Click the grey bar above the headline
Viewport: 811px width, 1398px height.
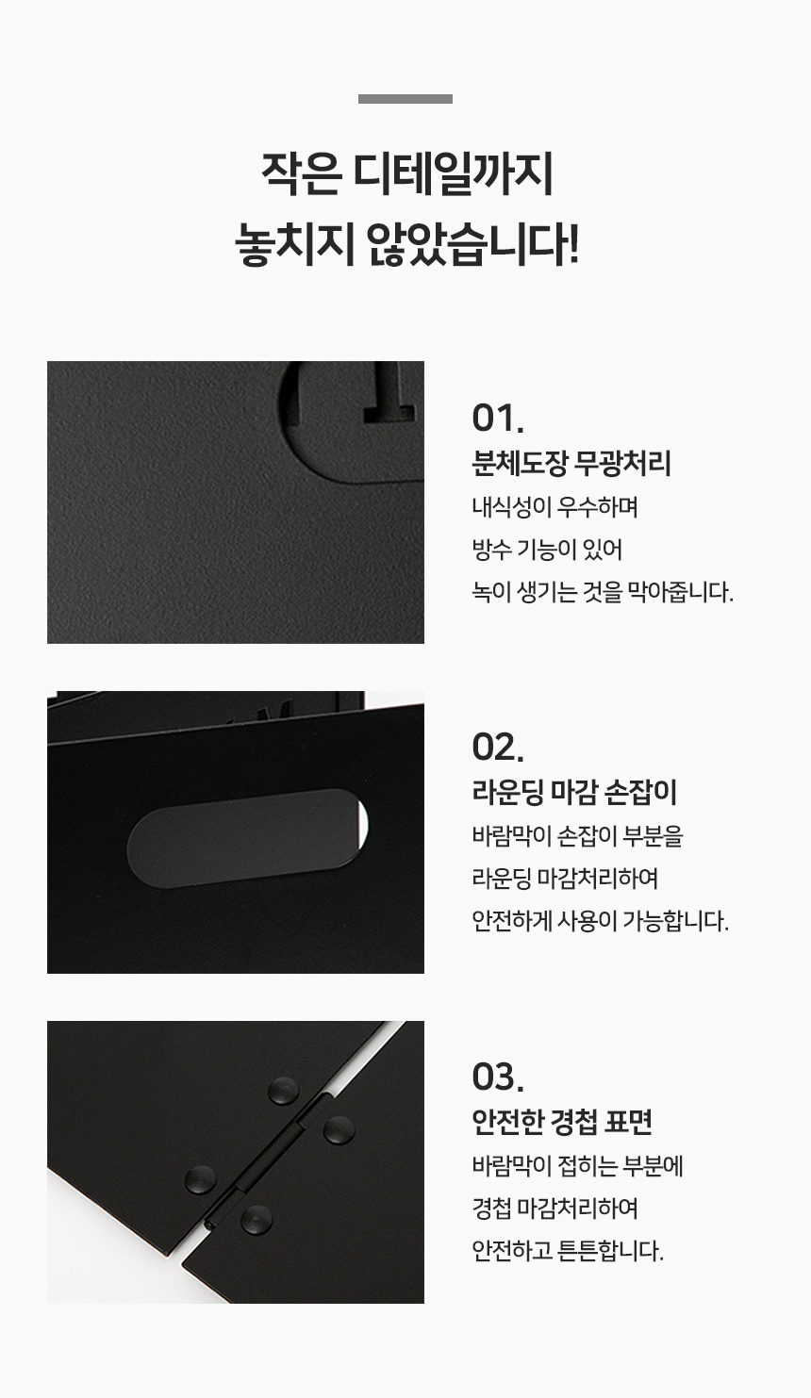tap(405, 99)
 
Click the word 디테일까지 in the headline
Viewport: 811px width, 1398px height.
tap(454, 174)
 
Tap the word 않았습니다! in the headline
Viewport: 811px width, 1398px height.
tap(472, 244)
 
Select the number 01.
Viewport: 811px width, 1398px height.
tap(498, 419)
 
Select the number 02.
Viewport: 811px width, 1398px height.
tap(498, 747)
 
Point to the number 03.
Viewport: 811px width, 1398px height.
tap(498, 1077)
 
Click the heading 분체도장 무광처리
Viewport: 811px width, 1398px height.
tap(571, 464)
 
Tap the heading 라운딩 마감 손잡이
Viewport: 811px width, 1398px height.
tap(574, 793)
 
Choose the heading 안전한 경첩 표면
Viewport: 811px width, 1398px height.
tap(563, 1122)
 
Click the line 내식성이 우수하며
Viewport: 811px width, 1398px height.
tap(555, 507)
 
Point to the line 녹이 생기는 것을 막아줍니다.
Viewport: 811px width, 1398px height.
tap(603, 592)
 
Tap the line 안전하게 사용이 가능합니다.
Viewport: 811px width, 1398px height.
tap(600, 921)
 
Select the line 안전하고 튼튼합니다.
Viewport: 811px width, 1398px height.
tap(568, 1251)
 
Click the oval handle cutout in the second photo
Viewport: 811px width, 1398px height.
tap(247, 838)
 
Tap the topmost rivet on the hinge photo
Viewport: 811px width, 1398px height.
tap(284, 1091)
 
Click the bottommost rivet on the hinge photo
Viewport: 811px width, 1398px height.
tap(256, 1220)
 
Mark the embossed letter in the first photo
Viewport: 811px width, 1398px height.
tap(389, 392)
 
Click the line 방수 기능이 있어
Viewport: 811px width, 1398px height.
tap(547, 550)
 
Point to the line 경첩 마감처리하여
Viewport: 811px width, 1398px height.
tap(555, 1209)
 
